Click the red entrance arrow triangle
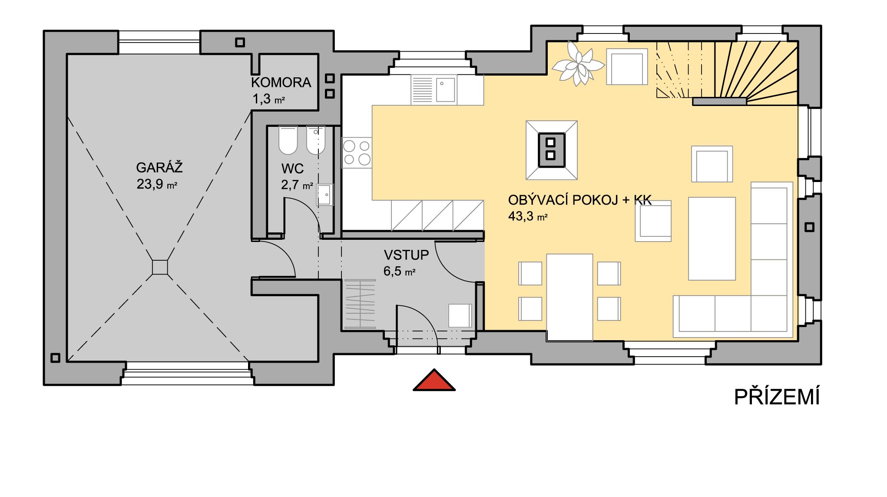434,381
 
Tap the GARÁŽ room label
159,168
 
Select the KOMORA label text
281,83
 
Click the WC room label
292,169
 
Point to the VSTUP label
406,255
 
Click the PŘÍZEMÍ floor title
777,397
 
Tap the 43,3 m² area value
528,216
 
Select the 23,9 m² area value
157,184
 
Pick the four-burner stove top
357,152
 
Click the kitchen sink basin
445,89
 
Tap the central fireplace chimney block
551,150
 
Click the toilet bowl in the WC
288,140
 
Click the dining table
569,298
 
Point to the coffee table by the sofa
712,239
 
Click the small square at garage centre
160,267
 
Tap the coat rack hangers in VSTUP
360,304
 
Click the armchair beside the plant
627,66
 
